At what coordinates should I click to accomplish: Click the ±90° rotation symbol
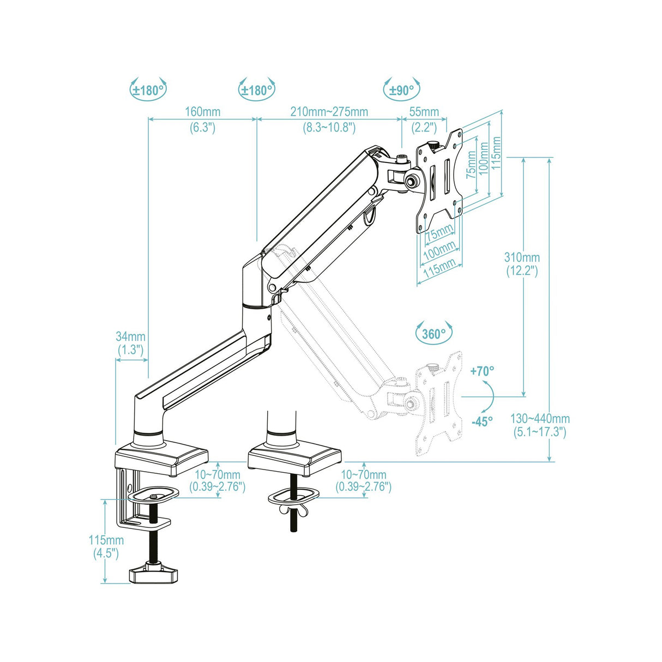(402, 90)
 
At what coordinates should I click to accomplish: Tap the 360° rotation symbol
(434, 333)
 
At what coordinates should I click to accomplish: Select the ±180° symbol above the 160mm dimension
(148, 90)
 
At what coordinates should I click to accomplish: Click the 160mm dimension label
(202, 112)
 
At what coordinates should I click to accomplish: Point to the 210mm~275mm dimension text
(329, 112)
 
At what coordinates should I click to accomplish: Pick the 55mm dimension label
(424, 112)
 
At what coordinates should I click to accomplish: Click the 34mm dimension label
(130, 336)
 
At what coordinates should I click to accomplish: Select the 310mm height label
(522, 257)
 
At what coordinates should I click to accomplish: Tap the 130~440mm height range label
(540, 419)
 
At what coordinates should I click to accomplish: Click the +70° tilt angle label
(482, 371)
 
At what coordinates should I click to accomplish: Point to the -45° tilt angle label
(482, 422)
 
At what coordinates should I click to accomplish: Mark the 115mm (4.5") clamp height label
(106, 540)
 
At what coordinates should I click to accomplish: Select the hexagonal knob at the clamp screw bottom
(154, 574)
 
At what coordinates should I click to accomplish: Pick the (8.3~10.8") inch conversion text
(329, 128)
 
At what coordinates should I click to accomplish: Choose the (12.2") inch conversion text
(522, 271)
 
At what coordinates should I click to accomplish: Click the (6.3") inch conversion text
(202, 128)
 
